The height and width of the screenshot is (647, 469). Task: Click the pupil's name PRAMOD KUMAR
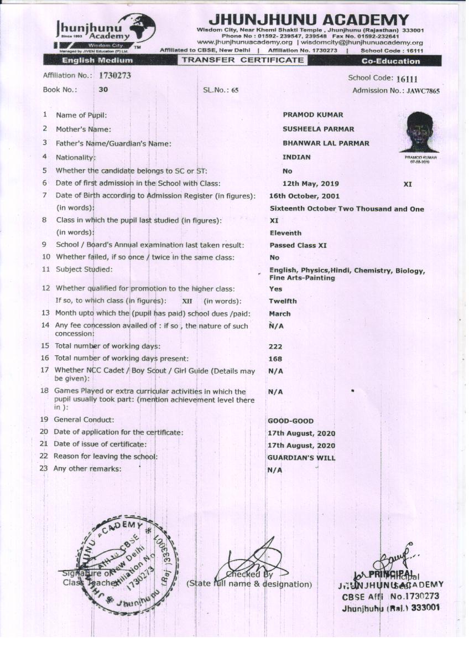[x=312, y=115]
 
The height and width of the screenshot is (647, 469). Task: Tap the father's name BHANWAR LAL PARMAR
[x=326, y=143]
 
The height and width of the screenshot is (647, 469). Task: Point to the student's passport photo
[x=419, y=132]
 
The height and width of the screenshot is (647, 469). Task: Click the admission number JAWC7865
[x=423, y=91]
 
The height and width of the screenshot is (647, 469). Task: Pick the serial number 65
[x=234, y=90]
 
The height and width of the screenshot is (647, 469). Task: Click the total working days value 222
[x=275, y=347]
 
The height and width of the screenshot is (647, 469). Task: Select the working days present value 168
[x=275, y=359]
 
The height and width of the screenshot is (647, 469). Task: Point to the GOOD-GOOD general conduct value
[x=290, y=421]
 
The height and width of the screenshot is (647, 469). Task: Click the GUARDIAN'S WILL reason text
[x=301, y=458]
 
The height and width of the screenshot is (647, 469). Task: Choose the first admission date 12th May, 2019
[x=310, y=184]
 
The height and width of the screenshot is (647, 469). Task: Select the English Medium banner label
[x=97, y=61]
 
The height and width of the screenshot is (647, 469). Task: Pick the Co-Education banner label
[x=390, y=61]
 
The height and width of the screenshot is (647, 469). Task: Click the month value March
[x=279, y=314]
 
